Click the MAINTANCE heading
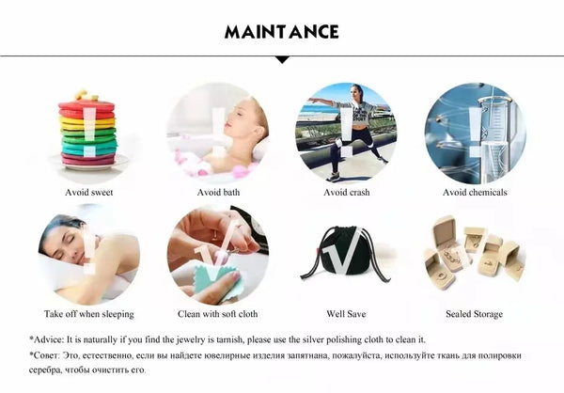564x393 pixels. point(282,32)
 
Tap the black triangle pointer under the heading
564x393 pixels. point(283,60)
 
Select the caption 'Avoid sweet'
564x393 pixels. point(89,193)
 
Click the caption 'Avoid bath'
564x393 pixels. point(218,193)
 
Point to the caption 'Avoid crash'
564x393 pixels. point(346,193)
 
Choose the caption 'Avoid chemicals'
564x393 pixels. point(475,193)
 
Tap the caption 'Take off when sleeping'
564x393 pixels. point(89,314)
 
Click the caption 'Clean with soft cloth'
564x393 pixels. point(218,314)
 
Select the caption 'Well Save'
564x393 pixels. point(346,314)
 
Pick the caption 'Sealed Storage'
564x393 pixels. point(474,314)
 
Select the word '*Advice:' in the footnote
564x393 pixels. point(47,340)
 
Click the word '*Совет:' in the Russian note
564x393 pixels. point(44,356)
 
